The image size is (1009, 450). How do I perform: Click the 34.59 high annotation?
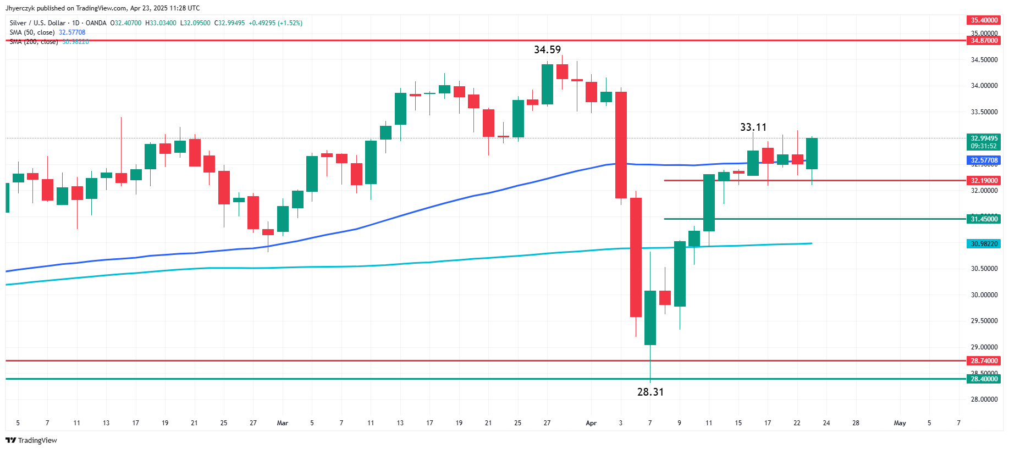[547, 50]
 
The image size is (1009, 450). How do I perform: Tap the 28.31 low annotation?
[650, 392]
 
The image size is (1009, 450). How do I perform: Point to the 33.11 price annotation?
[753, 127]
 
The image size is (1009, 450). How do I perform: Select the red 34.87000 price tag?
[984, 41]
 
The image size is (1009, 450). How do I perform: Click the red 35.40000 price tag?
[984, 20]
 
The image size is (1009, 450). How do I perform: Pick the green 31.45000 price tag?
[984, 219]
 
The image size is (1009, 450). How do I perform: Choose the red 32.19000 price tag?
[984, 181]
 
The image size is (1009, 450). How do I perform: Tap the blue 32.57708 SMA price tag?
[984, 160]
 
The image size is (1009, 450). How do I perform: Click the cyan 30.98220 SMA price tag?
[984, 244]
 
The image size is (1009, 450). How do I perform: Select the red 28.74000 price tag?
[984, 361]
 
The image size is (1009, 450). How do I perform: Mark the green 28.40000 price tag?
[984, 379]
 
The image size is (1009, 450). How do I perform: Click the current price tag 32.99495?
[984, 138]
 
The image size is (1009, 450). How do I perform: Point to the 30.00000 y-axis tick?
[984, 295]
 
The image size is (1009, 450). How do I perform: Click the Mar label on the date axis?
[283, 423]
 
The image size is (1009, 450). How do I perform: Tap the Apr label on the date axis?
[591, 423]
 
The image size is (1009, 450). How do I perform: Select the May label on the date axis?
[900, 423]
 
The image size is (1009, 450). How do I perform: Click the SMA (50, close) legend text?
[32, 32]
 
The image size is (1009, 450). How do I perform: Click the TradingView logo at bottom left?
[31, 440]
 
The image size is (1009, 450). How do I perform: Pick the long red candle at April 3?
[621, 145]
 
